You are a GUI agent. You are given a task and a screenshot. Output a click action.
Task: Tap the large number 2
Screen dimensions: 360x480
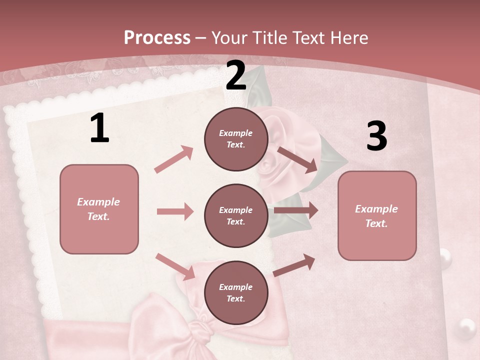pos(236,75)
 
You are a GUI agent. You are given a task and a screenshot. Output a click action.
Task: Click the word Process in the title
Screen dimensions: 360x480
pos(157,37)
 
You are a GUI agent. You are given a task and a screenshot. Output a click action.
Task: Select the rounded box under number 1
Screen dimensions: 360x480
pos(99,209)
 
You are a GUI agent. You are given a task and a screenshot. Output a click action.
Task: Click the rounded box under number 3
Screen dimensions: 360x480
pos(377,215)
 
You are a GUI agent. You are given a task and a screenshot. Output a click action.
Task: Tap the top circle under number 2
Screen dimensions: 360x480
pos(236,139)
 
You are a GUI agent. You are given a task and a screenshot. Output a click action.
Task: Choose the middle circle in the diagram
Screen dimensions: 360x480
pos(236,215)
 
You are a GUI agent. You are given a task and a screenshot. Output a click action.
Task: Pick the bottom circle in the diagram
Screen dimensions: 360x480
pos(236,292)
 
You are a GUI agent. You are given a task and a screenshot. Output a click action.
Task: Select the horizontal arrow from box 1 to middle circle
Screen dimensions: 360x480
pos(175,211)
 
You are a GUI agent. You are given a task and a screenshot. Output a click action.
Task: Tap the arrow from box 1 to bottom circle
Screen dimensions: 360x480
pos(175,266)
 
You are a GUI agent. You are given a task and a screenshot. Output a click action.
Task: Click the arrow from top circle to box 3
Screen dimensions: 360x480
pos(297,159)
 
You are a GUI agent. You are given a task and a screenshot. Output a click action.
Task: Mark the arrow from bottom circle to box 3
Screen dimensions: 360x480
pos(294,265)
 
